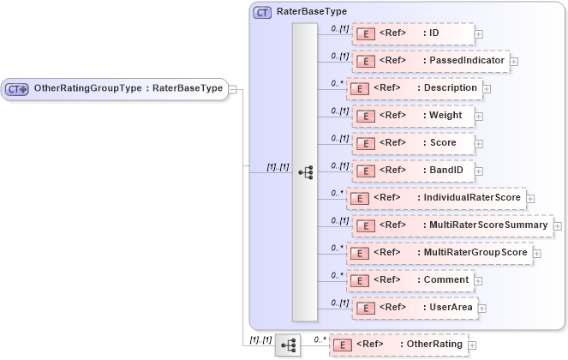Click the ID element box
pos(413,34)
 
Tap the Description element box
pos(416,87)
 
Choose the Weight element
pos(413,115)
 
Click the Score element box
pos(413,142)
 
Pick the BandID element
pos(413,171)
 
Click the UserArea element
pos(413,307)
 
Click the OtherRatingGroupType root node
pos(115,88)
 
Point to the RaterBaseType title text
pos(311,12)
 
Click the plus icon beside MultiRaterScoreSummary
pos(558,226)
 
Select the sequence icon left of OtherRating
pos(288,345)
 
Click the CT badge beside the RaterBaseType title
pos(263,13)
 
